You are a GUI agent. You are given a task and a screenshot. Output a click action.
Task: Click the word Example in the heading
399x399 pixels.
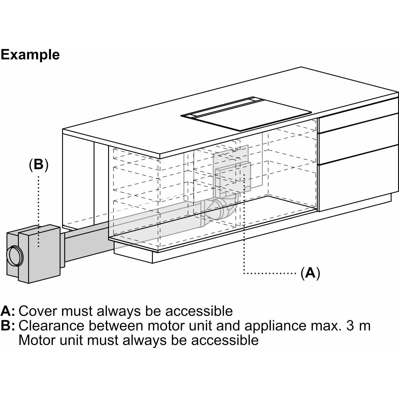coord(30,55)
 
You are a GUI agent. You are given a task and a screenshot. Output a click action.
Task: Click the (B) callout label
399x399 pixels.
coord(38,165)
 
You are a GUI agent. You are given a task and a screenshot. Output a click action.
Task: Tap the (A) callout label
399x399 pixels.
coord(310,273)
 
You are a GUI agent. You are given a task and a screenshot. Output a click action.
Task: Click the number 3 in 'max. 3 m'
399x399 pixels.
coord(350,325)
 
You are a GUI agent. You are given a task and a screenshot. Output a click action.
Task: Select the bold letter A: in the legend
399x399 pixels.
coord(7,311)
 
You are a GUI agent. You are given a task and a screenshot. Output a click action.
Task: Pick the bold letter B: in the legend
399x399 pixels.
coord(7,325)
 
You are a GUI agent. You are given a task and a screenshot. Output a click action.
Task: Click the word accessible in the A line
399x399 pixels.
coord(199,311)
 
